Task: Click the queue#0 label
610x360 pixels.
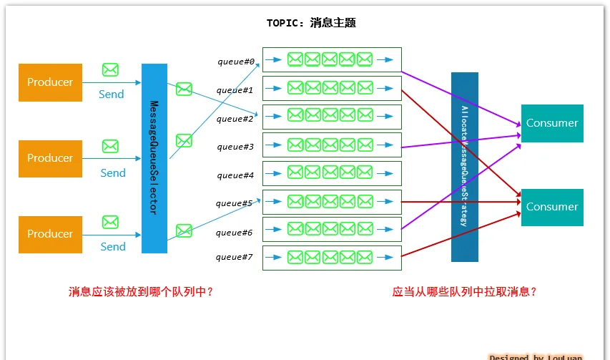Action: click(236, 62)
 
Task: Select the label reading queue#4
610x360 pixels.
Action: click(235, 175)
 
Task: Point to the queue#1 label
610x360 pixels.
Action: click(235, 90)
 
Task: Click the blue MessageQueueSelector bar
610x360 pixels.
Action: click(154, 158)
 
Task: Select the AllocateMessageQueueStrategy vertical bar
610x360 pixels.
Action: click(464, 167)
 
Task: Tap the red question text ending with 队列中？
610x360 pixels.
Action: click(141, 292)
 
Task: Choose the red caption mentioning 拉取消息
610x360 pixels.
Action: click(464, 292)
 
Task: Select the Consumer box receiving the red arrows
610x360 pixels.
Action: click(552, 207)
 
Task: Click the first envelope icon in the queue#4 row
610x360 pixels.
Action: click(295, 172)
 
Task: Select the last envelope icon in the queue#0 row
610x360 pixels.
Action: click(364, 59)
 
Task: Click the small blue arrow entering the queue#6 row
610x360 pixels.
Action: click(273, 230)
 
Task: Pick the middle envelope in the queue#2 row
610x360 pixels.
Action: click(330, 116)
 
